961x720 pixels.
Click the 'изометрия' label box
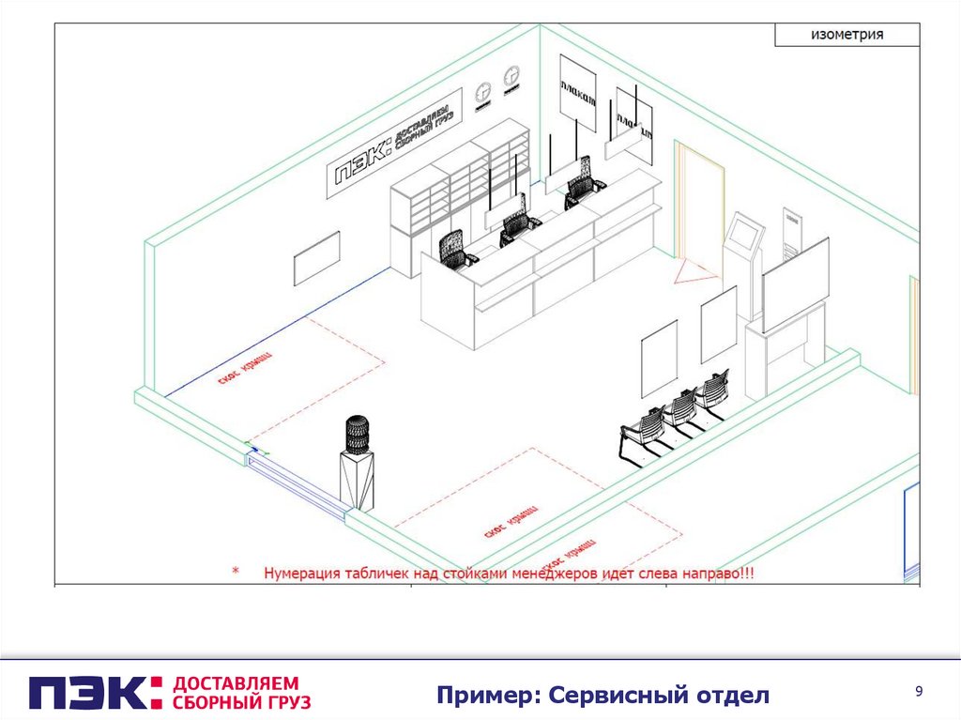click(847, 35)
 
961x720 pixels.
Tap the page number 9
click(919, 692)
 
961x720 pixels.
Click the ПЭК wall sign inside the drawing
click(394, 144)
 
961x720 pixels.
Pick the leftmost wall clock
click(483, 92)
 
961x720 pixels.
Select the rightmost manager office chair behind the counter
click(581, 191)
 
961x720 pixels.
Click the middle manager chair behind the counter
click(518, 226)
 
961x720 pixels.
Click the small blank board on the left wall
click(316, 258)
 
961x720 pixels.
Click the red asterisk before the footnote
click(236, 572)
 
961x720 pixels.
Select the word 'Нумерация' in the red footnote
click(309, 572)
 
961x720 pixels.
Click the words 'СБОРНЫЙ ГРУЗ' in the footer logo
click(242, 701)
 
